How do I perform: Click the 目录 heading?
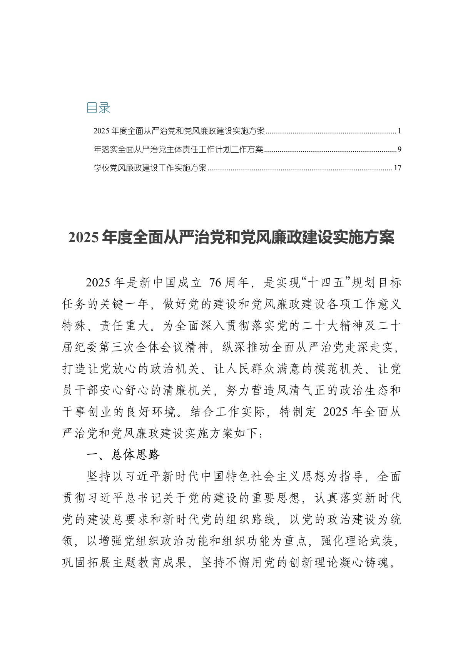(x=98, y=108)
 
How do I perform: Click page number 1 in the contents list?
(x=399, y=131)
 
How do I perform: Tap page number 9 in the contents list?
(x=399, y=150)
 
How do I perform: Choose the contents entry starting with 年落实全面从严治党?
(x=178, y=150)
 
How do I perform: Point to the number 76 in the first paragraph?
(x=215, y=283)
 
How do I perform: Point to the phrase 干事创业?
(x=81, y=412)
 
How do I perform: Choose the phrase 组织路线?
(x=252, y=520)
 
